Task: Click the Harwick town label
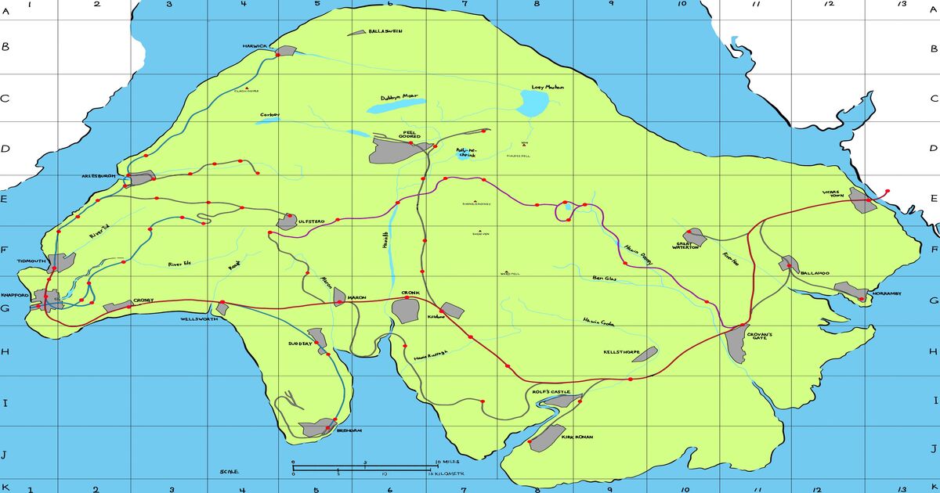click(x=255, y=45)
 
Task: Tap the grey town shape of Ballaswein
click(x=357, y=32)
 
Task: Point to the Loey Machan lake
click(x=536, y=103)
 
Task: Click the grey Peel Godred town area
click(x=396, y=149)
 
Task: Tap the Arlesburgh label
click(x=98, y=176)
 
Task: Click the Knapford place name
click(x=15, y=295)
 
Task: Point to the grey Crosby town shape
click(x=119, y=307)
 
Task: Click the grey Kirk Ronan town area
click(x=546, y=438)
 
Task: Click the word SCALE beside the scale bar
click(x=229, y=472)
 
